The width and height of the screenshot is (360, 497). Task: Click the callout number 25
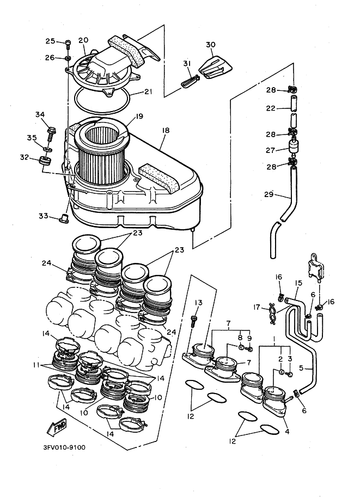point(50,41)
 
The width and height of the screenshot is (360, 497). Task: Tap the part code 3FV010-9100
point(64,447)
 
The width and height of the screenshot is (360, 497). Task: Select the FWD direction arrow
point(58,428)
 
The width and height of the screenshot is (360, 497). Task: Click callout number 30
point(211,44)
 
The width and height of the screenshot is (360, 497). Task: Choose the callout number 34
point(40,115)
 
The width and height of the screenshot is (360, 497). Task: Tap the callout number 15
point(298,283)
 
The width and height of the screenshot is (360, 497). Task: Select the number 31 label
point(187,64)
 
